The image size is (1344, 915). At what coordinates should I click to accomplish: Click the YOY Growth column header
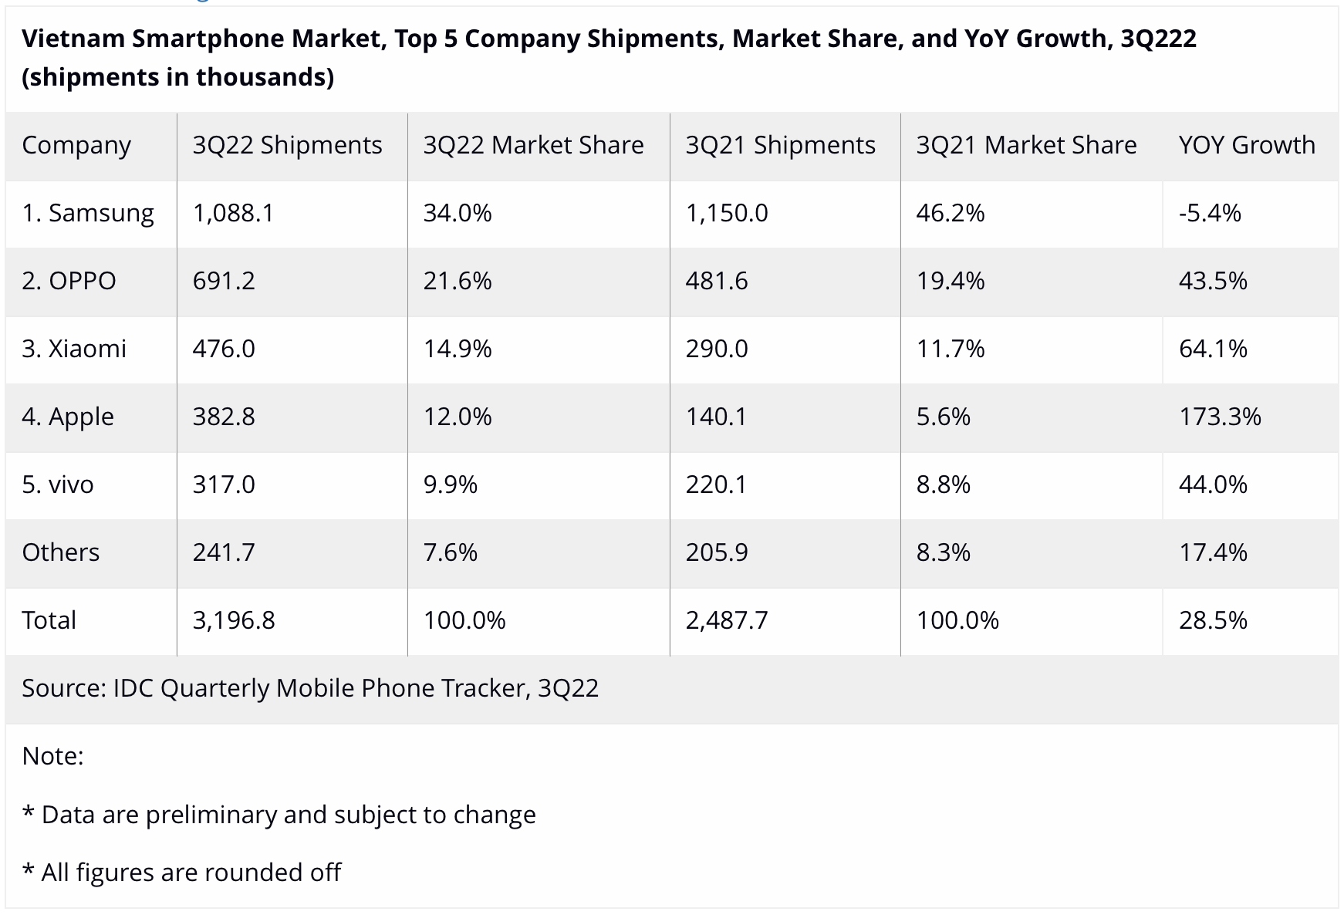click(1246, 145)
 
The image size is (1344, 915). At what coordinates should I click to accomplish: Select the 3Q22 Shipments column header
click(287, 145)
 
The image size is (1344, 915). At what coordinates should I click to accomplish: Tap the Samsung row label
click(88, 213)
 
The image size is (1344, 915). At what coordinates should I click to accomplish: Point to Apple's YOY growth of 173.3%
click(1219, 417)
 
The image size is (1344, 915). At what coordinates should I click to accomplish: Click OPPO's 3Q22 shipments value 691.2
click(224, 281)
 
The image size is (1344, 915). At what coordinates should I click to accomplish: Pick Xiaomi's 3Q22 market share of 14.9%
click(457, 349)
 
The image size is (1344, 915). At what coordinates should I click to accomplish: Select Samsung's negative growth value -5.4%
click(1209, 213)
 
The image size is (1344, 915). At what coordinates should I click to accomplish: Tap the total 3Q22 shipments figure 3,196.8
click(234, 620)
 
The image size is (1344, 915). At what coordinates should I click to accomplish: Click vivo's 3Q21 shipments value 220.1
click(717, 485)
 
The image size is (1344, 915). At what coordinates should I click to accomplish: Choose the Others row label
click(60, 552)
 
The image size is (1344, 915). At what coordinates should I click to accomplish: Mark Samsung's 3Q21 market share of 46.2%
click(950, 213)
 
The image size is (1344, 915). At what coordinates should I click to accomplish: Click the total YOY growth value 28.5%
click(1212, 620)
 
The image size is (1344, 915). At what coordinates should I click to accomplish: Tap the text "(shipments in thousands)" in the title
click(177, 77)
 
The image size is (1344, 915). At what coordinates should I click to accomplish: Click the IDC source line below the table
click(310, 688)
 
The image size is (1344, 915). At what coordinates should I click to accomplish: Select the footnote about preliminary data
click(279, 815)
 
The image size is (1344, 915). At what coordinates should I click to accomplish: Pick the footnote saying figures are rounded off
click(182, 873)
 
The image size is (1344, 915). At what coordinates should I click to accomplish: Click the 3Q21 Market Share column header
click(1026, 145)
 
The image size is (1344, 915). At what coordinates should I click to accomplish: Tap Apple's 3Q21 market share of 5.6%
click(943, 417)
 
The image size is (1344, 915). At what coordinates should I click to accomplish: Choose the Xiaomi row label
click(74, 349)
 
